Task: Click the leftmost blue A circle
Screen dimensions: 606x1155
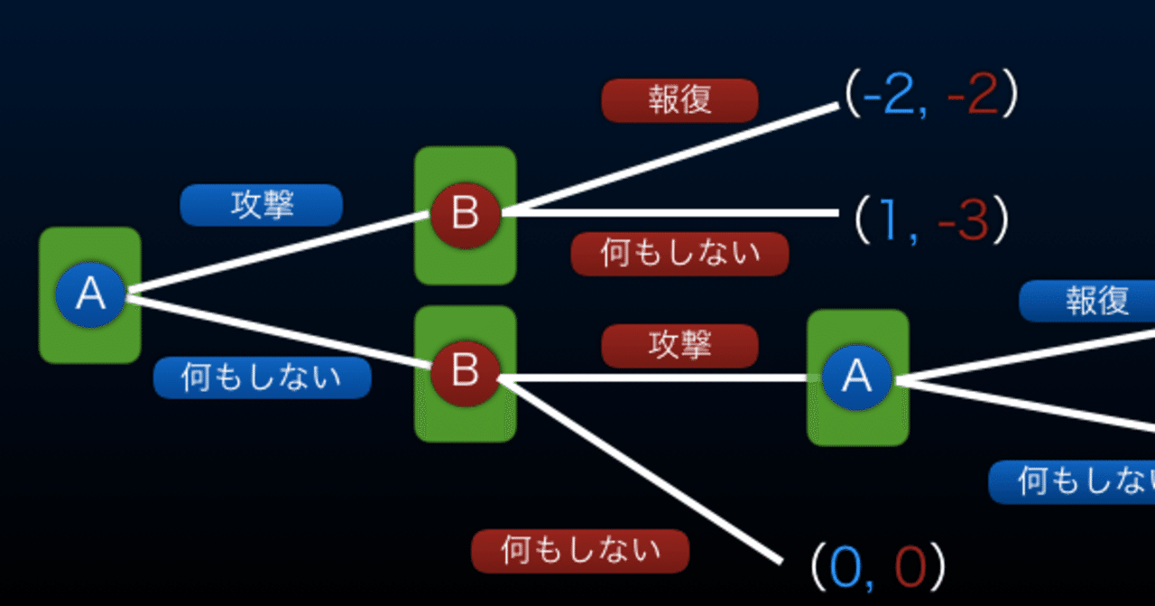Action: click(90, 294)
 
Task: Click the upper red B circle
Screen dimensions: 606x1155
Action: click(465, 214)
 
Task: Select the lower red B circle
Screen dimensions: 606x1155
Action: click(465, 370)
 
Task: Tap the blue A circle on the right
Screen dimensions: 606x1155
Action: click(856, 377)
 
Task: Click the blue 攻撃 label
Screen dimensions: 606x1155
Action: click(262, 206)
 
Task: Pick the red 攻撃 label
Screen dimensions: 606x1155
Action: click(679, 345)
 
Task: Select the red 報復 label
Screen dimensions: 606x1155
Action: click(679, 100)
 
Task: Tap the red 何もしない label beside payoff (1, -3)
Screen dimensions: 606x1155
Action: click(679, 254)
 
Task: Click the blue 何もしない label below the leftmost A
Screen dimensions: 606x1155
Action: click(262, 378)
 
